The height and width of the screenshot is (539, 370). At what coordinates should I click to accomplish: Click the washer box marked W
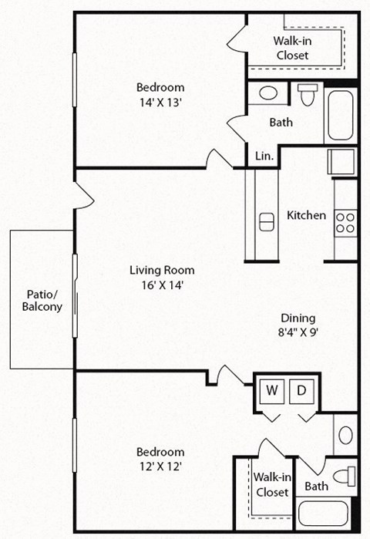(272, 391)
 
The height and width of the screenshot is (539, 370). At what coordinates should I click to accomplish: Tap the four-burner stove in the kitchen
(345, 223)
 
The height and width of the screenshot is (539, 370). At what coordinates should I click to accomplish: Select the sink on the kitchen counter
(267, 221)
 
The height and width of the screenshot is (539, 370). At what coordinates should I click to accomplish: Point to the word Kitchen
(306, 215)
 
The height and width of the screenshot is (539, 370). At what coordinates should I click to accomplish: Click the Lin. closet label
(264, 155)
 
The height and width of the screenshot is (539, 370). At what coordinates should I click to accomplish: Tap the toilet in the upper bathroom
(307, 95)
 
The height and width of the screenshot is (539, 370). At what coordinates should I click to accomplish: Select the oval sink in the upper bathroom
(267, 93)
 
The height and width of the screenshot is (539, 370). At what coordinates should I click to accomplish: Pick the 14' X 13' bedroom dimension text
(161, 99)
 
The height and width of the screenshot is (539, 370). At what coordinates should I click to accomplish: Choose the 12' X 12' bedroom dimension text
(160, 466)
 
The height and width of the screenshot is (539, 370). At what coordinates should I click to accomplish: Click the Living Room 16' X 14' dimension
(161, 284)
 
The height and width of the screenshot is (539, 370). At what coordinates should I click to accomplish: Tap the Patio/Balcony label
(42, 300)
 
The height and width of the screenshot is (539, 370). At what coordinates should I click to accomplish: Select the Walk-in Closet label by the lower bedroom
(271, 484)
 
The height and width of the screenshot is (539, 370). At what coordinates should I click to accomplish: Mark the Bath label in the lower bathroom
(316, 487)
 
